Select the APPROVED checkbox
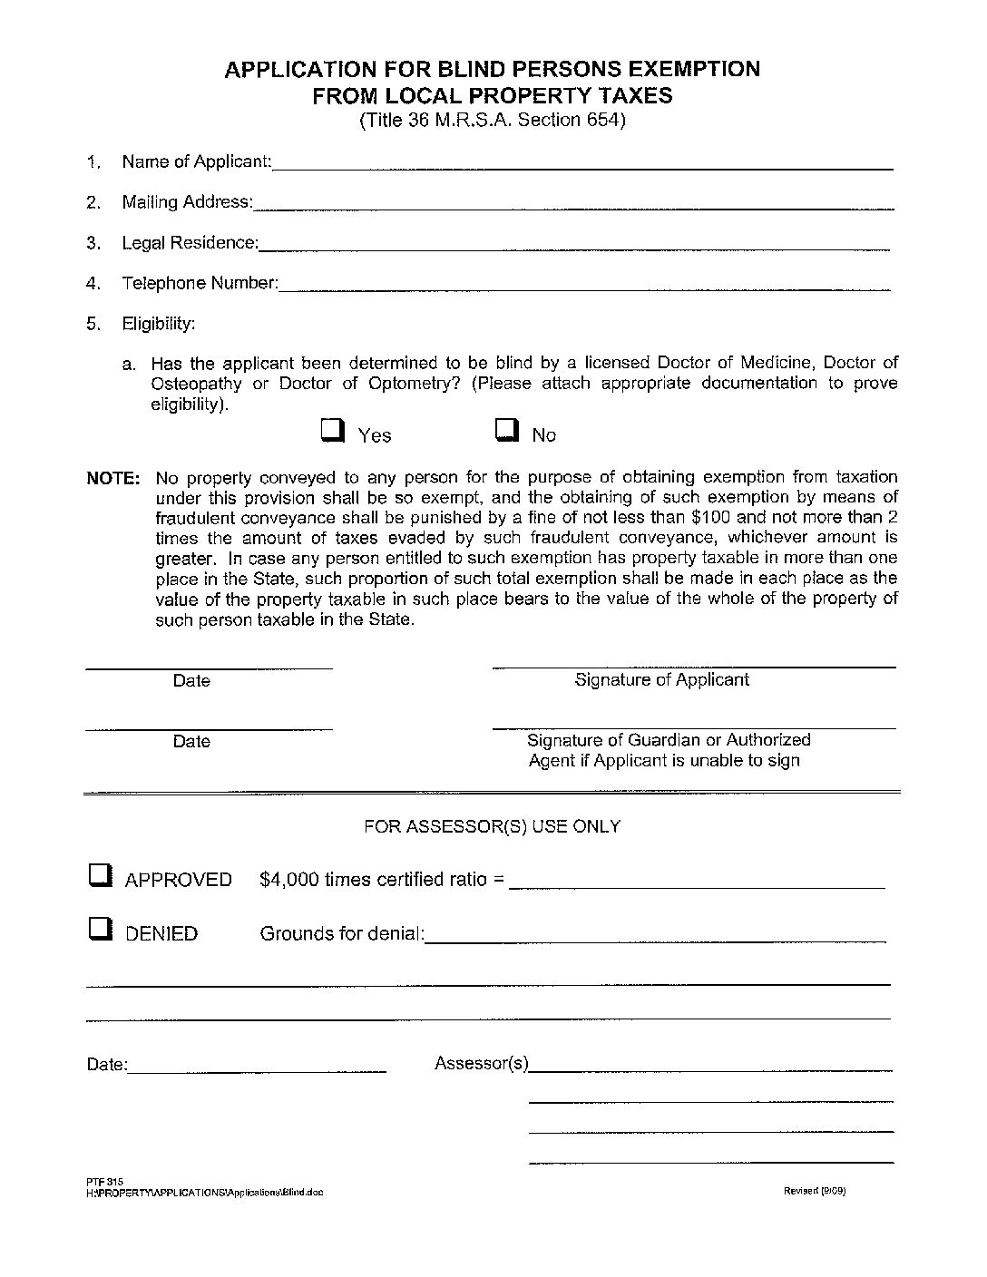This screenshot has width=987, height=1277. [100, 875]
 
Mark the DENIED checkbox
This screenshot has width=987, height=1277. [100, 929]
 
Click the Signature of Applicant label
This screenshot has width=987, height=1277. [661, 679]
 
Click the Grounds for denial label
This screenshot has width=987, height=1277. [342, 933]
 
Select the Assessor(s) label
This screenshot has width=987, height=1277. [481, 1063]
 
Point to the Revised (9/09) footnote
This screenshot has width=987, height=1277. [815, 1192]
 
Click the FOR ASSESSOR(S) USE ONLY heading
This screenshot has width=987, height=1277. [492, 826]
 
